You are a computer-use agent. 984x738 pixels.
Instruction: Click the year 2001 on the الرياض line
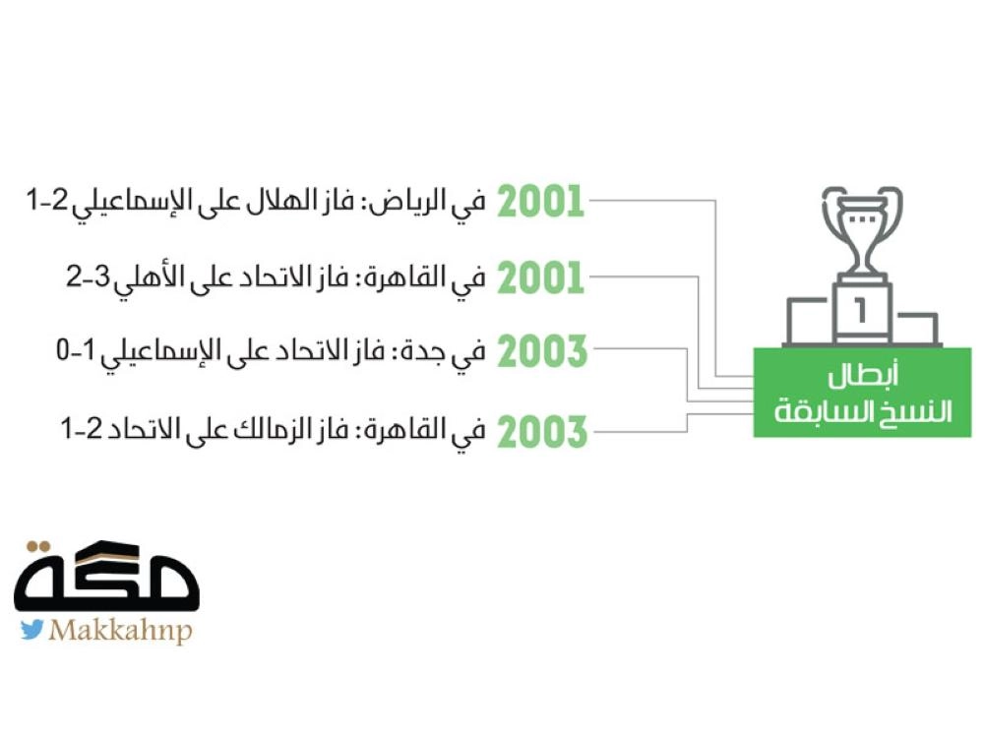[x=541, y=202]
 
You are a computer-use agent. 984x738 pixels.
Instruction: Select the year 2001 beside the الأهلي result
[x=541, y=278]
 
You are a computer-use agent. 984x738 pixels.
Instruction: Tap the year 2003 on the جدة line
[x=542, y=351]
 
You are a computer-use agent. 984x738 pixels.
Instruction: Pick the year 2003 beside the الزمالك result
[x=542, y=431]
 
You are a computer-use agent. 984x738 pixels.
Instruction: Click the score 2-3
[x=88, y=277]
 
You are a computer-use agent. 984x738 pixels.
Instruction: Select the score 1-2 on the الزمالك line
[x=81, y=429]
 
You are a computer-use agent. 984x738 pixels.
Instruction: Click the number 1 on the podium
[x=860, y=311]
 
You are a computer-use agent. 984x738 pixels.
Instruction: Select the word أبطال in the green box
[x=863, y=375]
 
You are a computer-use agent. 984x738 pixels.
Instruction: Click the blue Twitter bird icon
[x=32, y=630]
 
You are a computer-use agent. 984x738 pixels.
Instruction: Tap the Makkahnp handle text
[x=120, y=631]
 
